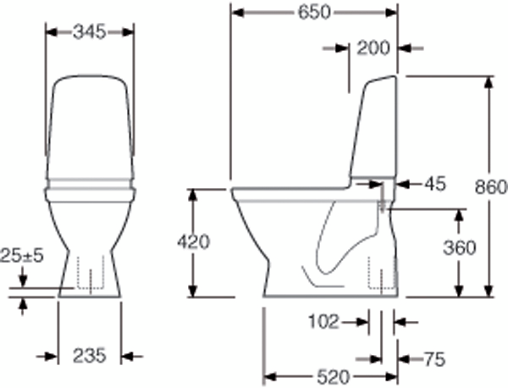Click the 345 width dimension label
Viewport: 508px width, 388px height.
pos(89,31)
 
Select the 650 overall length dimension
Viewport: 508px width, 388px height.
pos(314,13)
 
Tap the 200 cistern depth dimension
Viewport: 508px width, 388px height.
pos(373,48)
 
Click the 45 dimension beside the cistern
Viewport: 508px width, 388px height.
pos(433,183)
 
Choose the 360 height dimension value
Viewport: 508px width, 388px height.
pos(459,248)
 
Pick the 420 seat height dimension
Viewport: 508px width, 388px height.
pos(194,241)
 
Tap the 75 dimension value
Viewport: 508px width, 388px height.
pos(433,359)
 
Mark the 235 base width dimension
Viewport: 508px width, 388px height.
pos(89,356)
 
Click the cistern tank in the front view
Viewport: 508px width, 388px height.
pos(89,127)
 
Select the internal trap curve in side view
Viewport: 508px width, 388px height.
pos(334,246)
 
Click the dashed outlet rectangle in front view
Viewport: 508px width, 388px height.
pos(89,273)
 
